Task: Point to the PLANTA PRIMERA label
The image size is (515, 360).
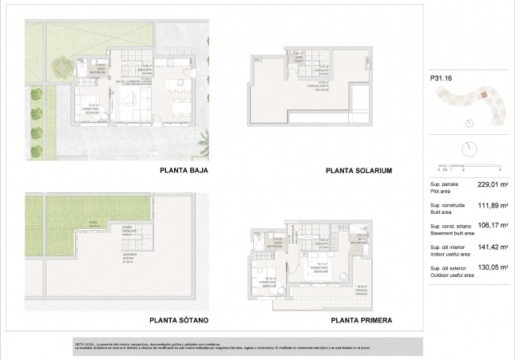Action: click(x=358, y=320)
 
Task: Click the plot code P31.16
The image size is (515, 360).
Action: click(x=442, y=78)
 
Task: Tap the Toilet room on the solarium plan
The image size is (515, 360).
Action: click(x=299, y=60)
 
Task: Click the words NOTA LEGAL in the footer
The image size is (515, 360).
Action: click(x=85, y=341)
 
